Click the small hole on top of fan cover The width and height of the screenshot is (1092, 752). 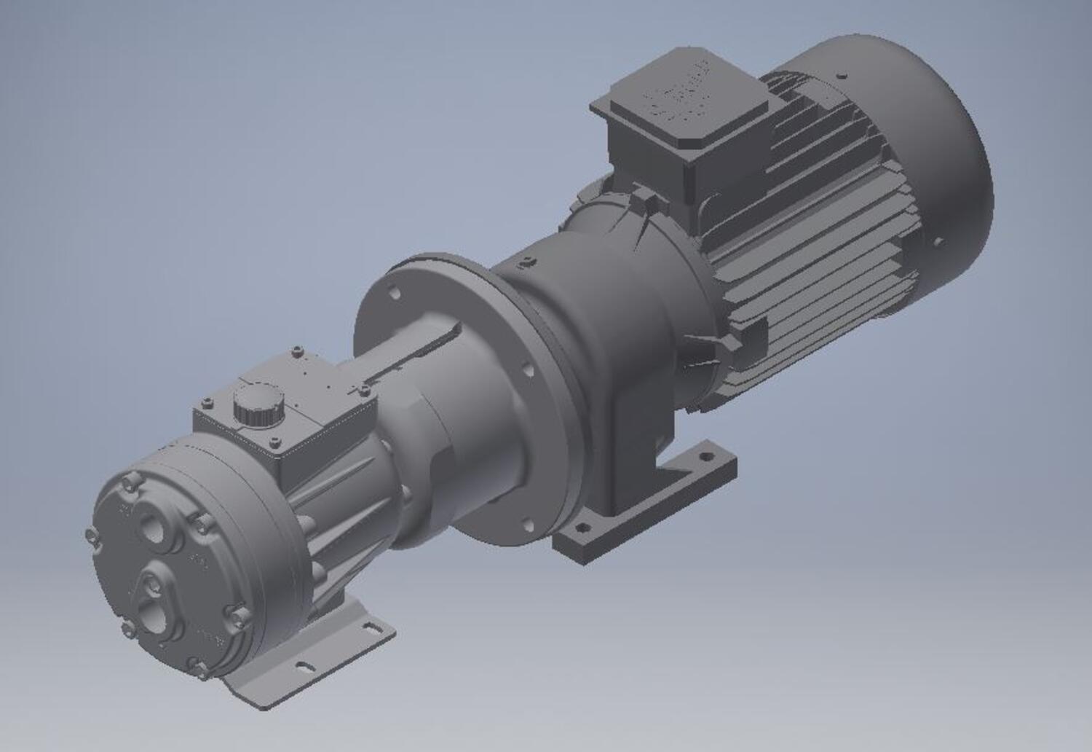tap(842, 74)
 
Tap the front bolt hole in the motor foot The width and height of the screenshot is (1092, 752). tap(581, 527)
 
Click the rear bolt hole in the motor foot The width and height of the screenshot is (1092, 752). tap(704, 458)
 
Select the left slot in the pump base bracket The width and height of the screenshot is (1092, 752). tap(301, 665)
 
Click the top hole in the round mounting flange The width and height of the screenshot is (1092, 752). tap(395, 294)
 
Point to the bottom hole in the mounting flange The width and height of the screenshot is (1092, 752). tap(526, 522)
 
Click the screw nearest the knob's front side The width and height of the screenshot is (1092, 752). tap(274, 442)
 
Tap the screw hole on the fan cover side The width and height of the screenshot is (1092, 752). tap(938, 240)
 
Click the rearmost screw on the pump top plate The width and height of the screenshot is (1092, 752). tap(296, 353)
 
